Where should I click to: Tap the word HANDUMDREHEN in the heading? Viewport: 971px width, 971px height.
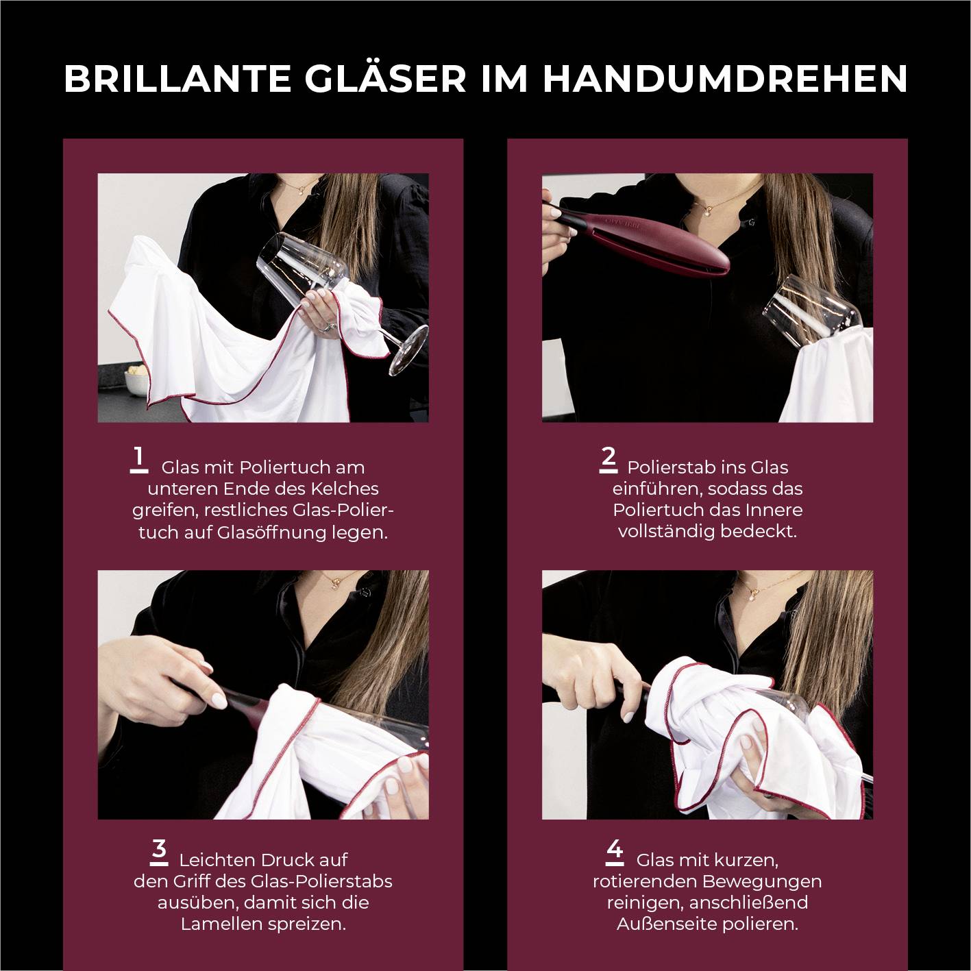click(x=725, y=78)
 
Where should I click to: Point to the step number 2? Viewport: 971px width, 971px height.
click(x=608, y=458)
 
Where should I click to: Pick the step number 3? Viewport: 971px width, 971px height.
click(x=159, y=850)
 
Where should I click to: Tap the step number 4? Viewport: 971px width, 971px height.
click(x=615, y=850)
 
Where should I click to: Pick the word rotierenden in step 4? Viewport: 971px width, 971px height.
click(x=645, y=881)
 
